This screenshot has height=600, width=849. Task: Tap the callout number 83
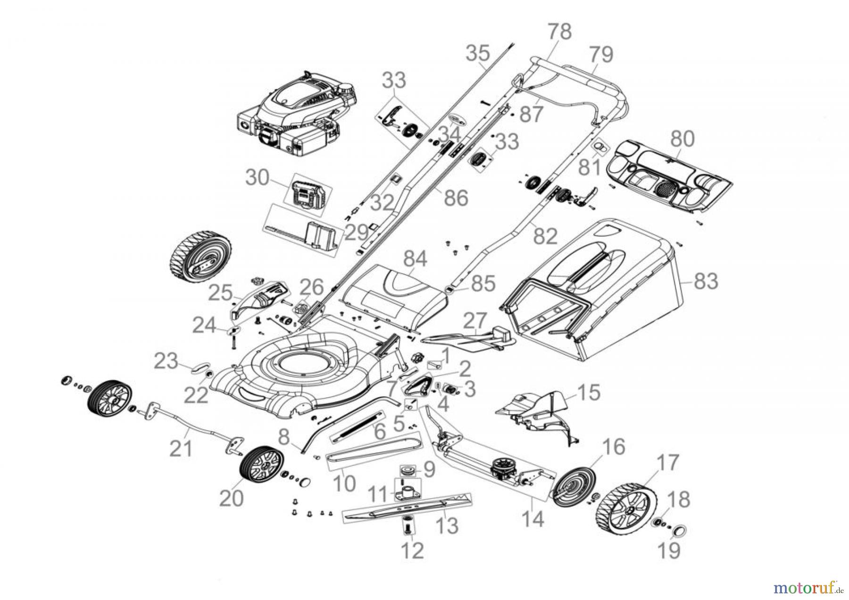(x=706, y=281)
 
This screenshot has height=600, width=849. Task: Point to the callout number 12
(x=413, y=550)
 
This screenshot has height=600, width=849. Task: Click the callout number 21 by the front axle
(x=181, y=448)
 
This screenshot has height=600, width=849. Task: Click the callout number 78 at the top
(x=559, y=32)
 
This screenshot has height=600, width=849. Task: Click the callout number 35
(x=478, y=53)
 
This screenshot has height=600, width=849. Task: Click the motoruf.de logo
(x=807, y=587)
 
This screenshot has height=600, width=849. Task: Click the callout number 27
(x=474, y=321)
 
